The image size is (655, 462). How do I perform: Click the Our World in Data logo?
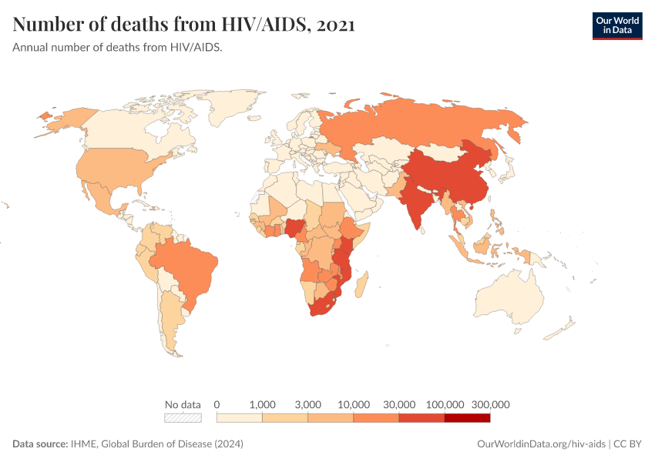click(x=616, y=25)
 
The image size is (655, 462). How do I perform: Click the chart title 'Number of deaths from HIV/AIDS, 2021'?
click(x=183, y=25)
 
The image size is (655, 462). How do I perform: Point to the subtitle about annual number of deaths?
click(x=117, y=48)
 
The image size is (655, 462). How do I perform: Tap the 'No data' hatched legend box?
click(x=183, y=418)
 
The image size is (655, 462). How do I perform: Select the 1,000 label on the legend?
click(x=263, y=404)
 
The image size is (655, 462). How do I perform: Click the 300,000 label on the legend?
click(x=490, y=404)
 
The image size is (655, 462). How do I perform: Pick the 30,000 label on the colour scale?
click(x=399, y=404)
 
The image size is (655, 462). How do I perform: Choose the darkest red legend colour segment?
click(x=467, y=418)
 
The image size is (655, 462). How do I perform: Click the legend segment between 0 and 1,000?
click(x=240, y=418)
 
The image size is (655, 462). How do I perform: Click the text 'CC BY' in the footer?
click(x=627, y=444)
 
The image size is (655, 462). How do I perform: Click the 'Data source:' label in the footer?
click(x=40, y=444)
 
